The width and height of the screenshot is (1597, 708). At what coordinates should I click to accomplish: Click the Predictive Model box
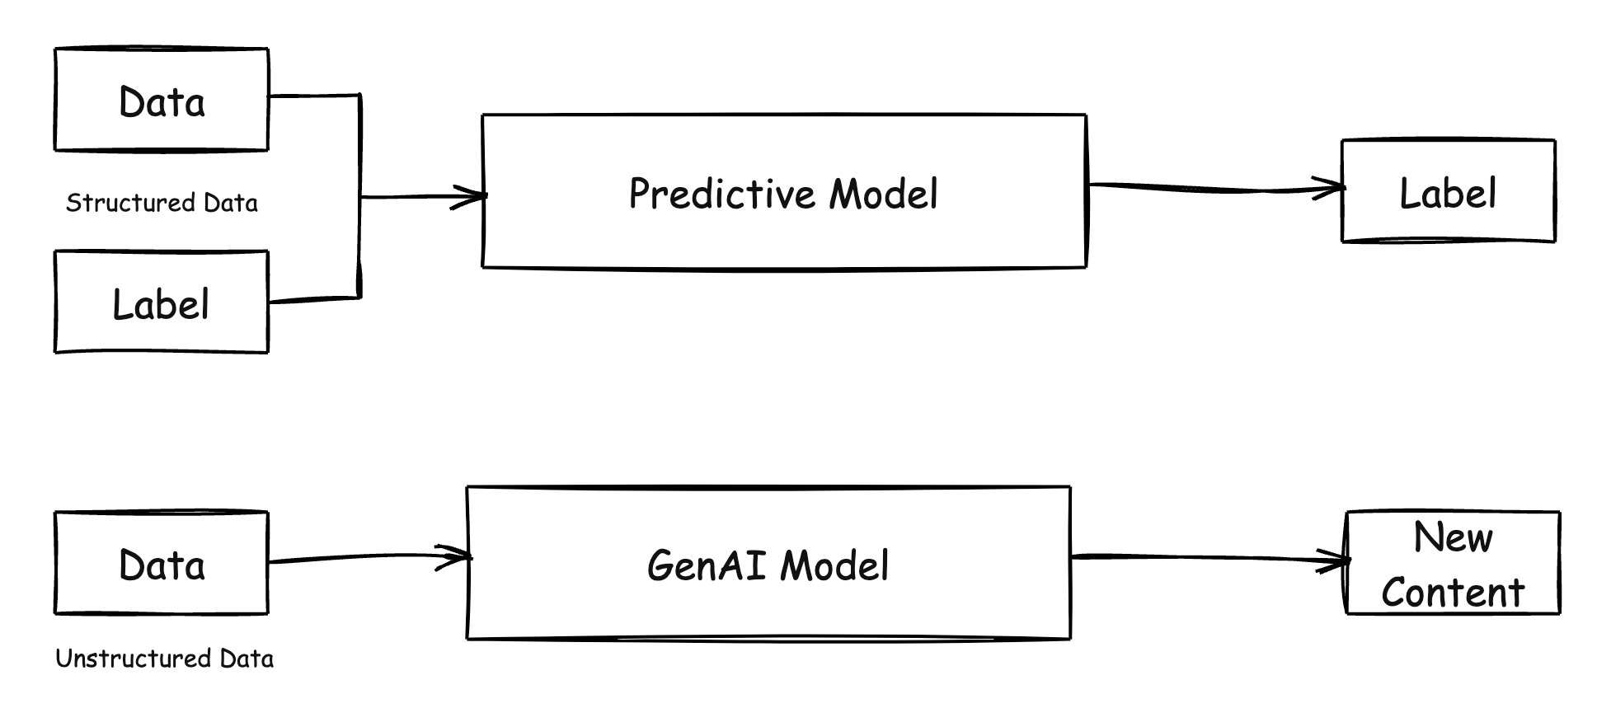784,191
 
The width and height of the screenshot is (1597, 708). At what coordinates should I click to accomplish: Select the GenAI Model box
768,563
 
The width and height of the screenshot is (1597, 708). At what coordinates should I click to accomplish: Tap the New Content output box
1453,563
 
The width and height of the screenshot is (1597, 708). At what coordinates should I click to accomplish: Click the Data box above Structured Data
162,100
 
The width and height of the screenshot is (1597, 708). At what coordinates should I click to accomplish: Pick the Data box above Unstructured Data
162,563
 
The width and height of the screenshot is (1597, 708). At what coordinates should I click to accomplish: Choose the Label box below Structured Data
162,302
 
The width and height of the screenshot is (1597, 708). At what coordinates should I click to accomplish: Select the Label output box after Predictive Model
1449,191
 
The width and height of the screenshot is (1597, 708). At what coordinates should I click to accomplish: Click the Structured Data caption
162,203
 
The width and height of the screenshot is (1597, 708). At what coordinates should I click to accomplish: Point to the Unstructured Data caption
164,659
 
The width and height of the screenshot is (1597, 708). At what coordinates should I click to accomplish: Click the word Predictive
723,194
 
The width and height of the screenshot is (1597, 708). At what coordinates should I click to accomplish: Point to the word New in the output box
1453,538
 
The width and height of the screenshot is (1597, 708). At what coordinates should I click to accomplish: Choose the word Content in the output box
1453,593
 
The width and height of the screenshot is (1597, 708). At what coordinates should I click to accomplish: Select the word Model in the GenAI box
834,565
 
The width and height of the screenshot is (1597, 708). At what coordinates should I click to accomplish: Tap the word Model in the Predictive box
884,194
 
